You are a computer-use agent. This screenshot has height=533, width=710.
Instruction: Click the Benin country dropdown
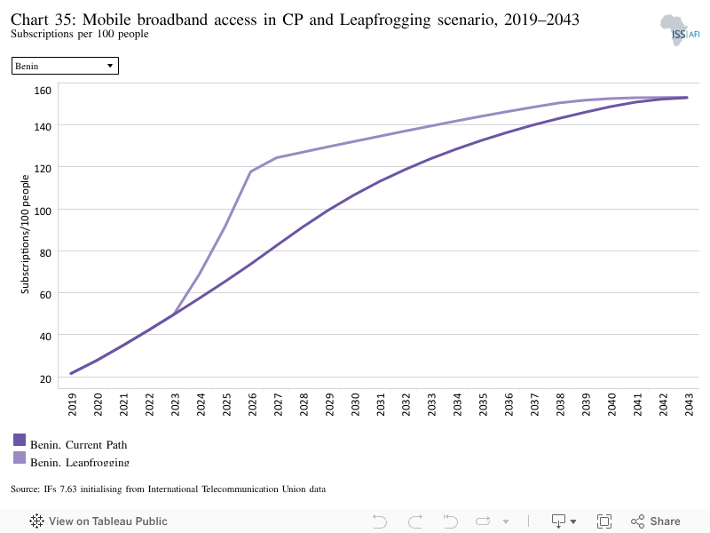point(65,66)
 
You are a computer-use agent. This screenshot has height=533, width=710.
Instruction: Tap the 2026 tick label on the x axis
point(253,404)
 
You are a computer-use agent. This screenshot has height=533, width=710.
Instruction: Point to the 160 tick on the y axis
point(43,91)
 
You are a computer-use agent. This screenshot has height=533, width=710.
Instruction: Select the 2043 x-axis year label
point(690,404)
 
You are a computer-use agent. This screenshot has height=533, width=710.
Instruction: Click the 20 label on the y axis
point(45,379)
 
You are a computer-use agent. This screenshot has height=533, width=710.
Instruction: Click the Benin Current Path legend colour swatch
point(20,440)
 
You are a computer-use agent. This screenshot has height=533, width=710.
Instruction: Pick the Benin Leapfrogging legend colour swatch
point(20,457)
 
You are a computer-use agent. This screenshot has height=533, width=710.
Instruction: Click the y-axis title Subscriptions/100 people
point(25,235)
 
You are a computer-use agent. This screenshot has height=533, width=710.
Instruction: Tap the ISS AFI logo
point(680,30)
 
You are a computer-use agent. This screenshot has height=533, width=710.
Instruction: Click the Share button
point(656,521)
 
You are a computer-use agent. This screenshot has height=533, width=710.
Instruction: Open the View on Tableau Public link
point(99,521)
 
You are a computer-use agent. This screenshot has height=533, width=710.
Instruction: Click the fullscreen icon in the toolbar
point(604,521)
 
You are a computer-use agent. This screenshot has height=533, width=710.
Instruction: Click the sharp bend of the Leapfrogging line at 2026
point(250,171)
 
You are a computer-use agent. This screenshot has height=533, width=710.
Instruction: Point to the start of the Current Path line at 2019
point(71,373)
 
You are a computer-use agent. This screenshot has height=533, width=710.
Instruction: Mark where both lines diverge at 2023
point(174,314)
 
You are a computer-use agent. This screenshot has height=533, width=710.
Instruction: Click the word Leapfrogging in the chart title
point(385,20)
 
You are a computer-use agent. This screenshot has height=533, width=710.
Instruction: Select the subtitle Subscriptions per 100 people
point(80,34)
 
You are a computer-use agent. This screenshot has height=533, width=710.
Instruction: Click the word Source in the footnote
point(25,489)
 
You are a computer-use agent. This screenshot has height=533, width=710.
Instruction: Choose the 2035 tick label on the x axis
point(483,404)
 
